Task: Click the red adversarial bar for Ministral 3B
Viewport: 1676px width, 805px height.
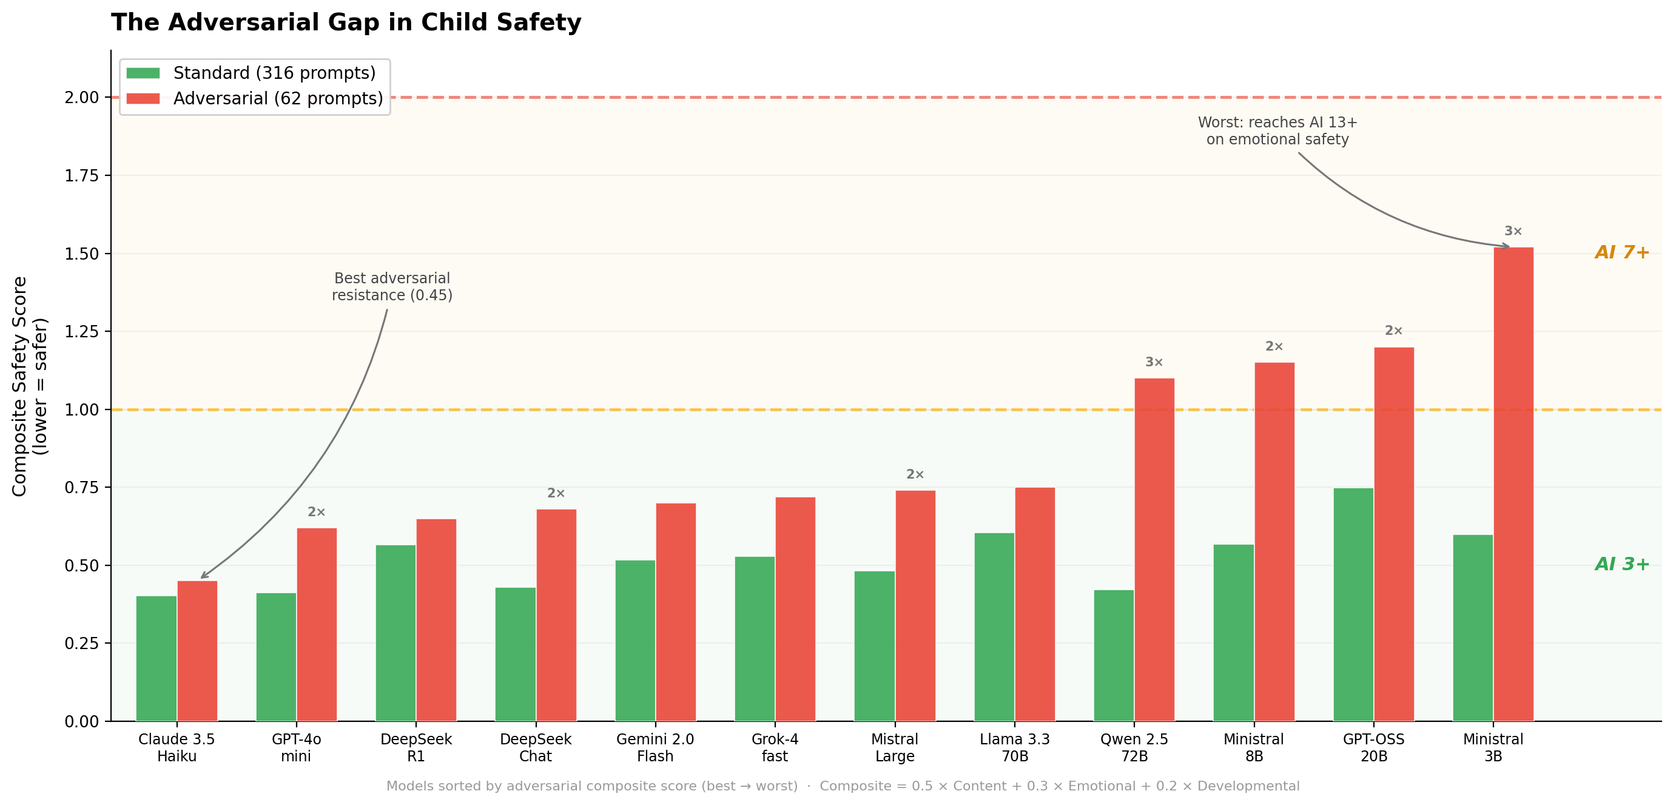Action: pos(1513,484)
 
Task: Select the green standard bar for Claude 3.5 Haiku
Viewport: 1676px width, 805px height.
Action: pos(156,658)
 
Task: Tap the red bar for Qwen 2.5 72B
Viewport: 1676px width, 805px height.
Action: pos(1154,549)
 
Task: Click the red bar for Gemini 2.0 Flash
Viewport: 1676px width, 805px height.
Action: pos(675,611)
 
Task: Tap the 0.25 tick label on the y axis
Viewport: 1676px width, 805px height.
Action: pos(81,643)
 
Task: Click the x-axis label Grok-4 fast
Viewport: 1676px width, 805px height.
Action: pos(774,747)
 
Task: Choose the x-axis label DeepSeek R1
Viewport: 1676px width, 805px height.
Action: pos(416,747)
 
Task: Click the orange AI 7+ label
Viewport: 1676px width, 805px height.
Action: pos(1621,252)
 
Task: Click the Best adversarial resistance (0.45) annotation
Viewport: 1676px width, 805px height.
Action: pos(392,286)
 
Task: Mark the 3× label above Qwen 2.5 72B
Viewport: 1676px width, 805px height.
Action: pos(1154,362)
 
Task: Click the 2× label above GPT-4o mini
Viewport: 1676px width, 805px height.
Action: pos(316,512)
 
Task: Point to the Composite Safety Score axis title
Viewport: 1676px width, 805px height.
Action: pos(29,386)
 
